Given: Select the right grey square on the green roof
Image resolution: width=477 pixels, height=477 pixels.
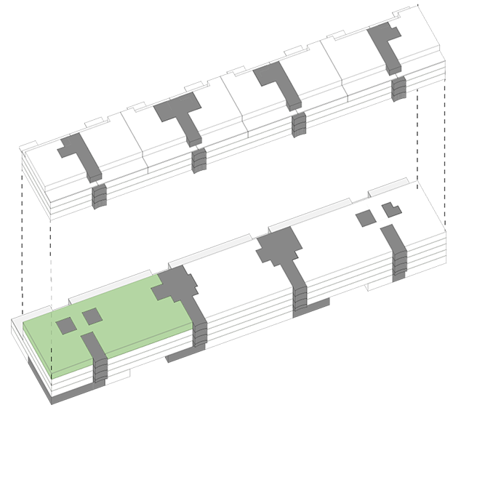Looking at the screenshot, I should pyautogui.click(x=92, y=316).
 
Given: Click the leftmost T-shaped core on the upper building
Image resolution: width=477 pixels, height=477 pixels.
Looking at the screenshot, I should pyautogui.click(x=78, y=155).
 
